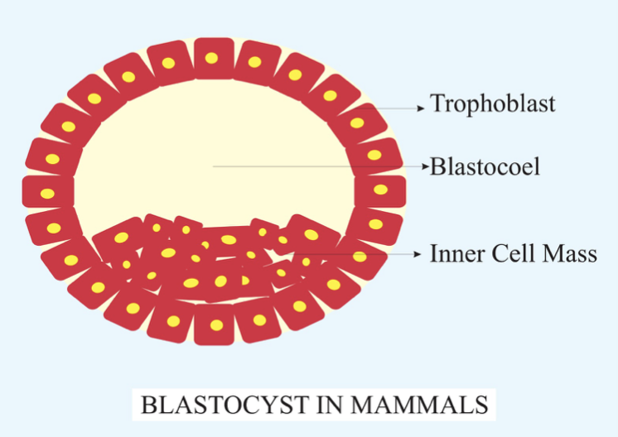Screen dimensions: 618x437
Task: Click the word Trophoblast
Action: click(493, 104)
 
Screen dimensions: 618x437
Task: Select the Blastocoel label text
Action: click(485, 166)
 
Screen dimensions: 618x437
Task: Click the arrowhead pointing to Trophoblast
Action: click(422, 108)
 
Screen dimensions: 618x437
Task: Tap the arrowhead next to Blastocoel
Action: click(425, 166)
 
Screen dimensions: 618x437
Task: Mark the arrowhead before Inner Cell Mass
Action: click(418, 254)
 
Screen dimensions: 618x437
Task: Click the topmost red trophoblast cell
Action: click(214, 58)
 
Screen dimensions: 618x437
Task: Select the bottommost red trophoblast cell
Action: click(215, 324)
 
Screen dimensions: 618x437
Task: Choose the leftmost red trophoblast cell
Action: click(48, 192)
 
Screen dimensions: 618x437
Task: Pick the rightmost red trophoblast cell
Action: click(380, 191)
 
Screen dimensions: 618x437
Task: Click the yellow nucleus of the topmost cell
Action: click(211, 58)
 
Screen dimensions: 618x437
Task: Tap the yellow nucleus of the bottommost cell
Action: click(216, 324)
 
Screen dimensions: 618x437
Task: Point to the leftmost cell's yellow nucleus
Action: click(47, 194)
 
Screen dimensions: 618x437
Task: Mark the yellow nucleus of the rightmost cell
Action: click(381, 190)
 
